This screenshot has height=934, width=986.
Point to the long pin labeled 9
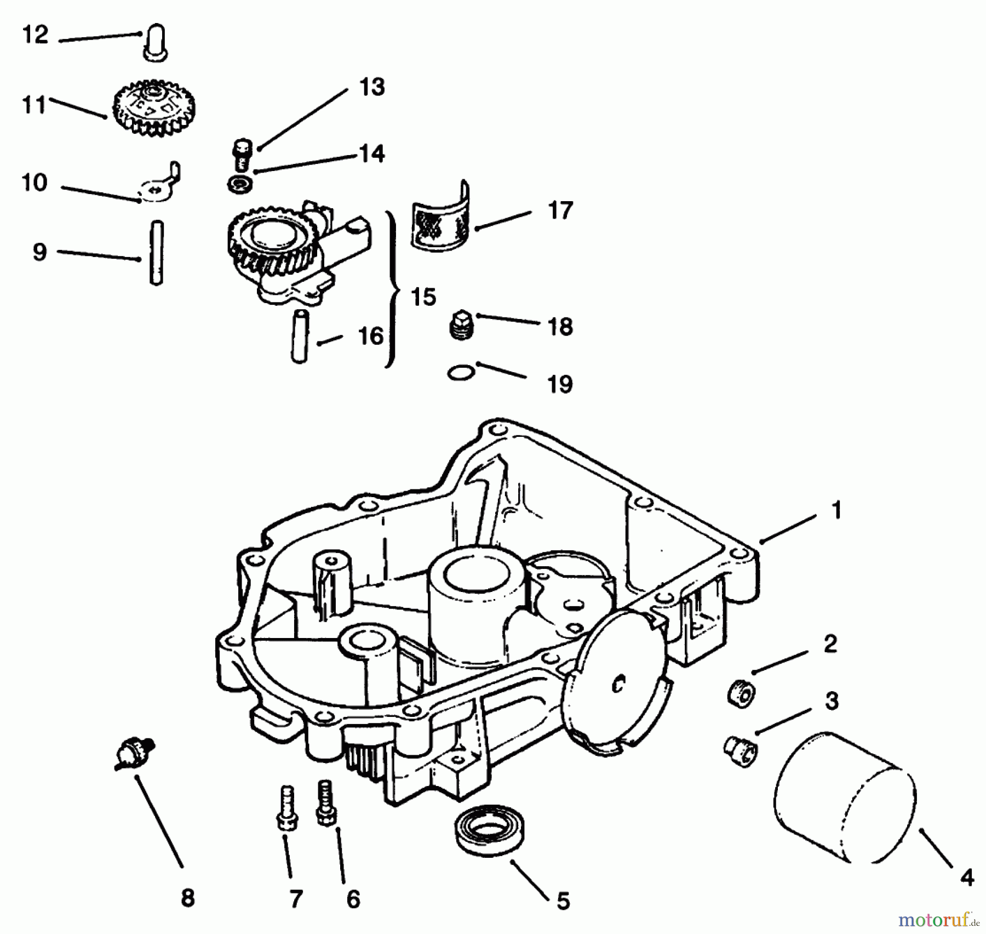point(156,252)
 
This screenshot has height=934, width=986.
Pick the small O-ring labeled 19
point(461,374)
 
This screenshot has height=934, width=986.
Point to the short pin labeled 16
point(299,335)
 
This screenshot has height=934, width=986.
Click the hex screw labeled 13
point(242,154)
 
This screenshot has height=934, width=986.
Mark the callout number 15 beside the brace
point(423,297)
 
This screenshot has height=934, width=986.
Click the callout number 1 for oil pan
point(835,510)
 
